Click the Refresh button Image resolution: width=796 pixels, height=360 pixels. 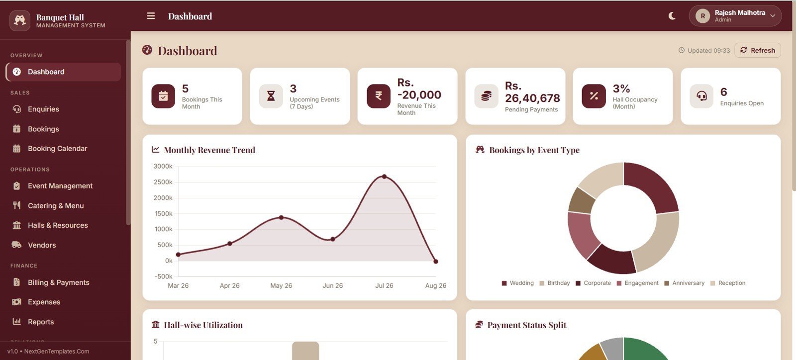757,50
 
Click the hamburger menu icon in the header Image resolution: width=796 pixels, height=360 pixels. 151,16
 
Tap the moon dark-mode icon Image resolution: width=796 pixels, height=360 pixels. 672,16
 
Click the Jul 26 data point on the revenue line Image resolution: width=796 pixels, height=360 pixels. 384,177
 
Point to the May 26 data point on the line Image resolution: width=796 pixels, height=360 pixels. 281,217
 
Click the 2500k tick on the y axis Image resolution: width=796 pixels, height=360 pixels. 163,182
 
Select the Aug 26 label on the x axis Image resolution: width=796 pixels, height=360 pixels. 436,285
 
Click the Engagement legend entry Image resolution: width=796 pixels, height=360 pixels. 637,283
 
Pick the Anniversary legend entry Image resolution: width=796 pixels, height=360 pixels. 685,283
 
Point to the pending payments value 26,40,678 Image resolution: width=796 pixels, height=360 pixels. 532,98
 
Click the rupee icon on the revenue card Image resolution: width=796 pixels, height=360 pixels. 379,96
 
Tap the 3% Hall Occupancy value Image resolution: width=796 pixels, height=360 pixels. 621,89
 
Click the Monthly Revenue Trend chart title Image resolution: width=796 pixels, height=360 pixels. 209,150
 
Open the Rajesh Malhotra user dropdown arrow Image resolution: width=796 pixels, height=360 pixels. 773,16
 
